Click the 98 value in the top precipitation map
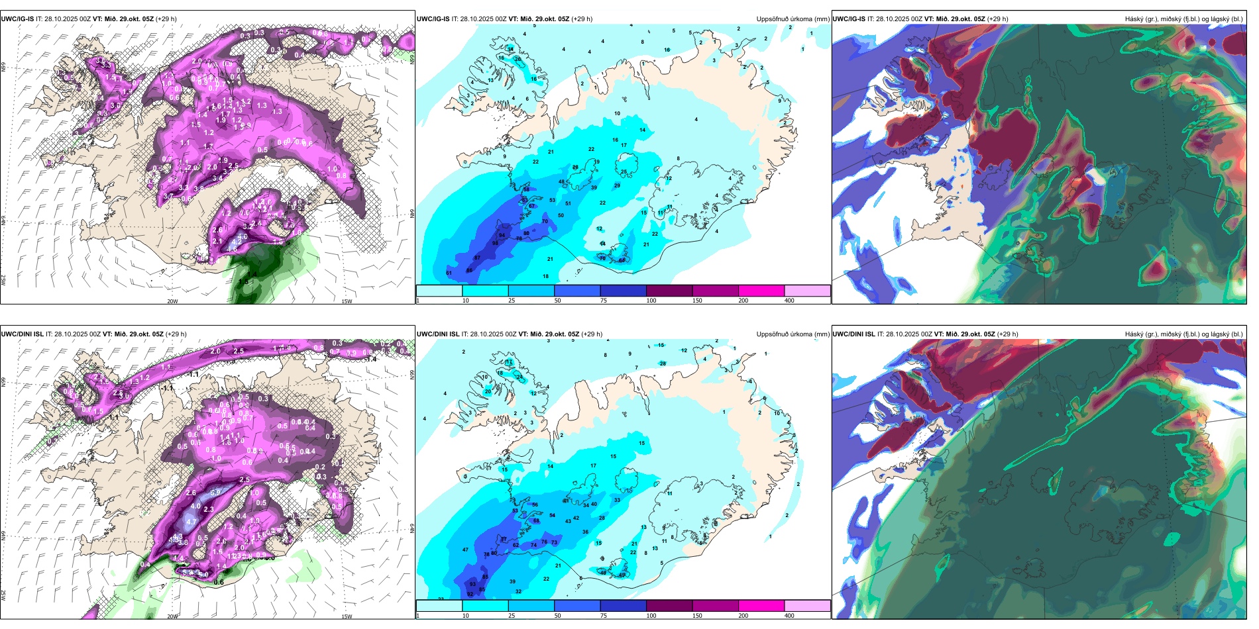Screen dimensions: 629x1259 point(495,243)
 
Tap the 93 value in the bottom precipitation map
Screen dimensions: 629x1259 point(472,584)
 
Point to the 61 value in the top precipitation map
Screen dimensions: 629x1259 point(449,273)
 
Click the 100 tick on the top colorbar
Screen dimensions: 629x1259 point(651,301)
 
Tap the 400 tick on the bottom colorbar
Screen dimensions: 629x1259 point(789,616)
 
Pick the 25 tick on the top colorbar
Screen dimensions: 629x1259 point(512,301)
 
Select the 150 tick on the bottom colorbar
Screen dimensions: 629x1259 point(697,616)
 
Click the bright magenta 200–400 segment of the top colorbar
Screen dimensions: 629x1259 point(761,291)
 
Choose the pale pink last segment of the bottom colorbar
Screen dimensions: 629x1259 point(807,606)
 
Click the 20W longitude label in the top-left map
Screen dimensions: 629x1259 point(172,301)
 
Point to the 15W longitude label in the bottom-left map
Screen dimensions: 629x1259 point(347,616)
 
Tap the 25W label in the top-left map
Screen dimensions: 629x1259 point(3,280)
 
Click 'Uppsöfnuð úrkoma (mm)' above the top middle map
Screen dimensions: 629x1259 point(793,19)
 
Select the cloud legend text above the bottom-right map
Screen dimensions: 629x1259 point(1183,334)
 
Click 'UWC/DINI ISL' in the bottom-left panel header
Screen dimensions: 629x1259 point(22,334)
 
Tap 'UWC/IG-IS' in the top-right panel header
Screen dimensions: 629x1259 point(849,19)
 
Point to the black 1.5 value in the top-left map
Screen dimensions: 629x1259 point(243,281)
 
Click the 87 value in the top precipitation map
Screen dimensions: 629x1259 point(477,258)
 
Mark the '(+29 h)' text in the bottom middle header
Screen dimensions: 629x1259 point(591,334)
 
